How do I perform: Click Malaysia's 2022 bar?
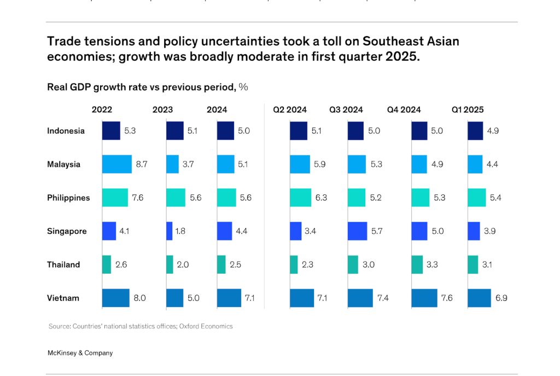tap(116, 164)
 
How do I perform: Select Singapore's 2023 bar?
tap(169, 231)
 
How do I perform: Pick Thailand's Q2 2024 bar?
tap(294, 264)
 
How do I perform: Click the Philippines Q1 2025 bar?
tap(476, 198)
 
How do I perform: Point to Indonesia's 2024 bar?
tap(226, 131)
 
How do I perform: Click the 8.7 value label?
tap(142, 164)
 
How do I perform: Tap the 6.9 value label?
tap(501, 298)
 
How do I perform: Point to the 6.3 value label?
tap(321, 198)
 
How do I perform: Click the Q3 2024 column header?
tap(346, 109)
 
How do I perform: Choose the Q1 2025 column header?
tap(467, 109)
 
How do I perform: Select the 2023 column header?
tap(162, 109)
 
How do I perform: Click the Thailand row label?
tap(63, 264)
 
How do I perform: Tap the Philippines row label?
tap(68, 198)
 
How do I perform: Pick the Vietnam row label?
tap(63, 298)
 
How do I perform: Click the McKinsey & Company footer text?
tap(80, 353)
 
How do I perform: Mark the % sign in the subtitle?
tap(243, 87)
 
